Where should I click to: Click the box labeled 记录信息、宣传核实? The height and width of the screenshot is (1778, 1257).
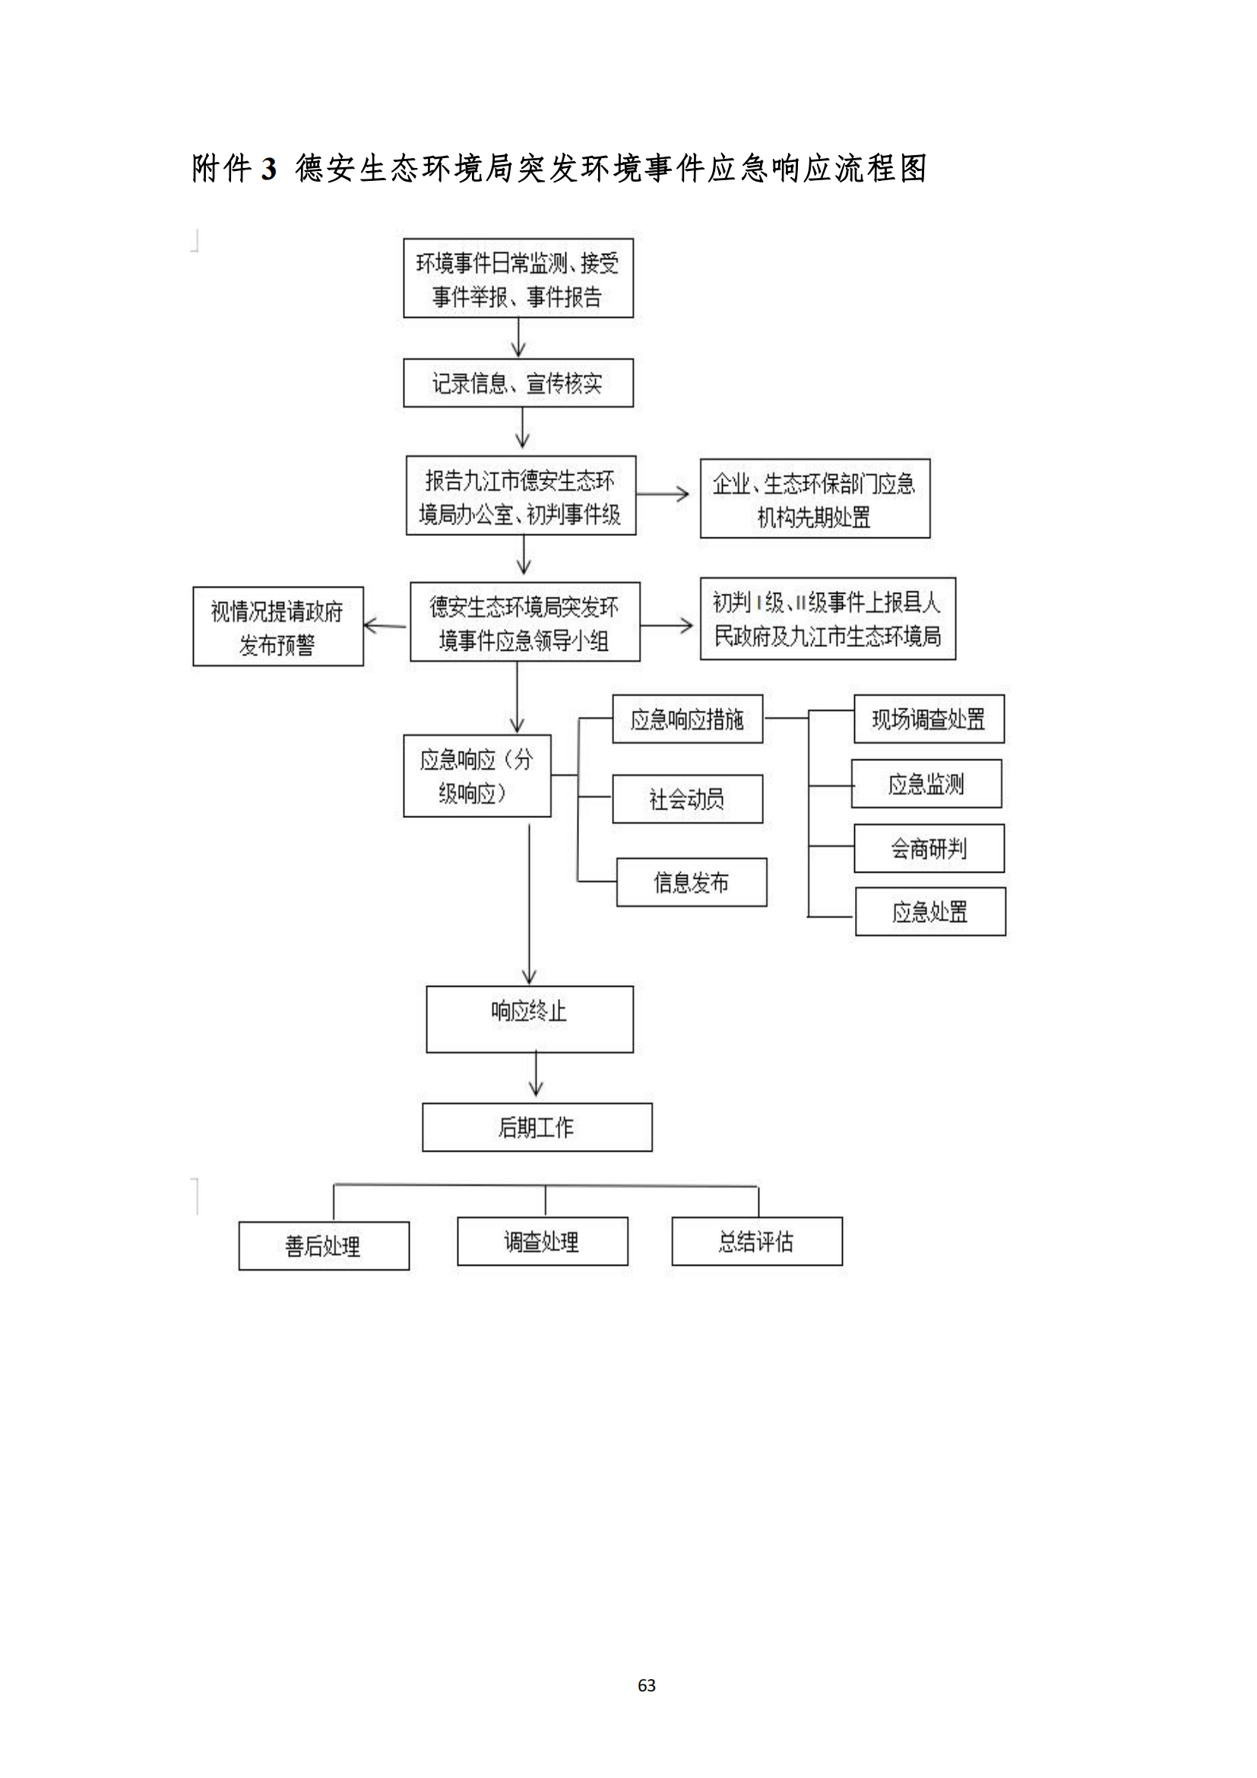(x=518, y=382)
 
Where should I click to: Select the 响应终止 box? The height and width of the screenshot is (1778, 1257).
(x=530, y=1019)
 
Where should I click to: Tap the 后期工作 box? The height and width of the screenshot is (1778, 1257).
(x=537, y=1127)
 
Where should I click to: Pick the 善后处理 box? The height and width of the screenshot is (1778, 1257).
(x=324, y=1246)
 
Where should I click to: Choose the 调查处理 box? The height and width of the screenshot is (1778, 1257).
(x=542, y=1241)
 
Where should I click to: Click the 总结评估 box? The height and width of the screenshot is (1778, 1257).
(x=756, y=1241)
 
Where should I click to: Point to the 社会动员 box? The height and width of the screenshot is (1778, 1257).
(x=687, y=798)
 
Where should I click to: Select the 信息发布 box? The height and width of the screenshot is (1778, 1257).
(x=691, y=882)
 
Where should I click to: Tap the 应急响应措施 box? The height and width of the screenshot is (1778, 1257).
(x=687, y=719)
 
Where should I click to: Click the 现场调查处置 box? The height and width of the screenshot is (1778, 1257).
(x=928, y=719)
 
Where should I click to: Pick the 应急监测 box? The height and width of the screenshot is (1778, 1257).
(x=926, y=784)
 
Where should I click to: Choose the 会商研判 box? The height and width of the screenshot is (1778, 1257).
(x=929, y=849)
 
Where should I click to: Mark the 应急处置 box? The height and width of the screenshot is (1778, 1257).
(x=929, y=911)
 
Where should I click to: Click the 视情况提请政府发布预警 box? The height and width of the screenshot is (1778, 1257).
(x=278, y=626)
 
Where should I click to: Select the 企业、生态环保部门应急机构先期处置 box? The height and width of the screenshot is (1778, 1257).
(x=814, y=499)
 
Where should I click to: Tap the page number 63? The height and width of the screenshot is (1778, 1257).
(x=646, y=1685)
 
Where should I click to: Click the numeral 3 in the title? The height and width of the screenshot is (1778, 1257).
(x=268, y=169)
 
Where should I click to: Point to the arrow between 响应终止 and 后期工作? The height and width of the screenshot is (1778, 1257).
(x=537, y=1076)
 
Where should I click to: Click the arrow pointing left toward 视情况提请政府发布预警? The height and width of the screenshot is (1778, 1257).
(x=385, y=625)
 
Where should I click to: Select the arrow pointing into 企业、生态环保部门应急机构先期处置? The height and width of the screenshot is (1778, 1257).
(x=664, y=493)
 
